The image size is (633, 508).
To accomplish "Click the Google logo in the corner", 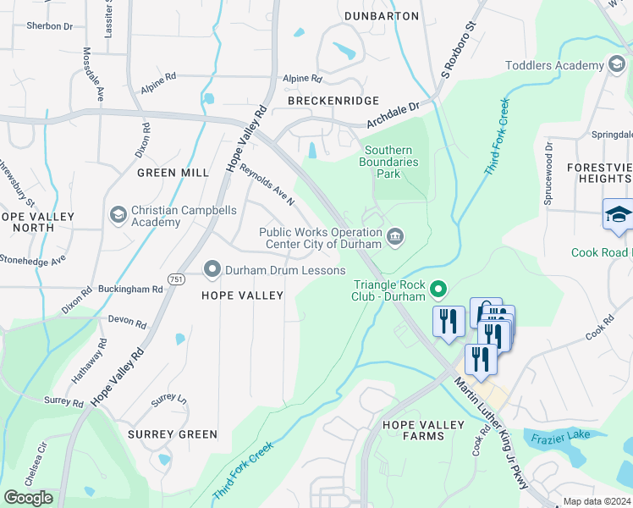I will [x=29, y=498].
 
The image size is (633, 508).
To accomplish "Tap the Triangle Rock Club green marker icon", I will [x=438, y=290].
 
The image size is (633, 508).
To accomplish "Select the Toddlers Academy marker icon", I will [x=618, y=65].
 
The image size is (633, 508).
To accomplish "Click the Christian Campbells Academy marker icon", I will [x=118, y=216].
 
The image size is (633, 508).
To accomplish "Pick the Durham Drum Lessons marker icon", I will [x=212, y=270].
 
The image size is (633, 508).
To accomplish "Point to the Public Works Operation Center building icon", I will [x=395, y=238].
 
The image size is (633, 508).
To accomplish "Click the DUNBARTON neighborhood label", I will [x=382, y=16].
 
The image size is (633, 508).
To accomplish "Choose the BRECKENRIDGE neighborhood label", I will [x=333, y=100].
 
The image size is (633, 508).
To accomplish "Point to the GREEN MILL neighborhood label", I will [x=173, y=173].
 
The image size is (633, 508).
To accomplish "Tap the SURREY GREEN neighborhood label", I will [x=173, y=434].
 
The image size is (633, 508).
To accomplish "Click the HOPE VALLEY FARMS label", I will [x=423, y=430].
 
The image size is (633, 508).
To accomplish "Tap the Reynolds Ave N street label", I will [x=267, y=185].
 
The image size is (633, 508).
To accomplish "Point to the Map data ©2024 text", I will [x=597, y=501].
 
